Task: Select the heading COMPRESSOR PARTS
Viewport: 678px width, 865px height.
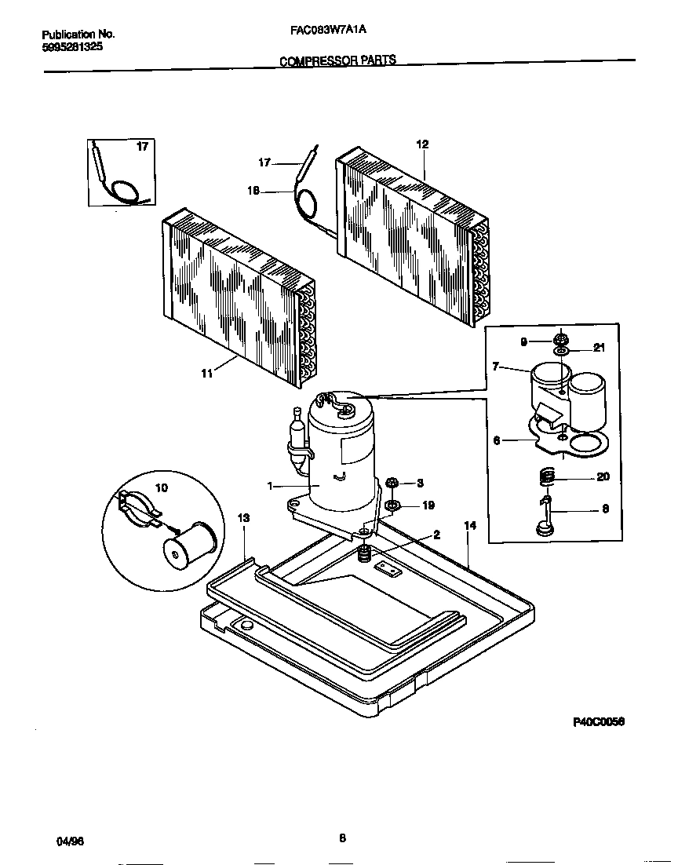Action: click(x=338, y=60)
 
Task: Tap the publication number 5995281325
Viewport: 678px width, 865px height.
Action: click(x=71, y=46)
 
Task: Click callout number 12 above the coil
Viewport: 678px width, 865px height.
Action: click(x=422, y=144)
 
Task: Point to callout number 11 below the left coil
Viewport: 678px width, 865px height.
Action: click(x=206, y=374)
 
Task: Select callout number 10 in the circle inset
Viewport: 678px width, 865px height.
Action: click(x=161, y=487)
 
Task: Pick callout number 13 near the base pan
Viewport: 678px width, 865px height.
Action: click(x=243, y=517)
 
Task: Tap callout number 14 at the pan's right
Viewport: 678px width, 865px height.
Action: click(x=469, y=525)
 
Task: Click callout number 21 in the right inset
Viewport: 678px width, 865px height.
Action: click(x=600, y=348)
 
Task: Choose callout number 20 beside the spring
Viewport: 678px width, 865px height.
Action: click(x=603, y=477)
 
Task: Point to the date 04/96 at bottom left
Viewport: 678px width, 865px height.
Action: click(x=70, y=840)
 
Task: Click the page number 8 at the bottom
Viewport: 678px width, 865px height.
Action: click(x=342, y=838)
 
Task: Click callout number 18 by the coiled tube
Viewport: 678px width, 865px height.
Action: click(x=253, y=190)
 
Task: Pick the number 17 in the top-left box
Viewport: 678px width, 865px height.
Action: click(x=142, y=147)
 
